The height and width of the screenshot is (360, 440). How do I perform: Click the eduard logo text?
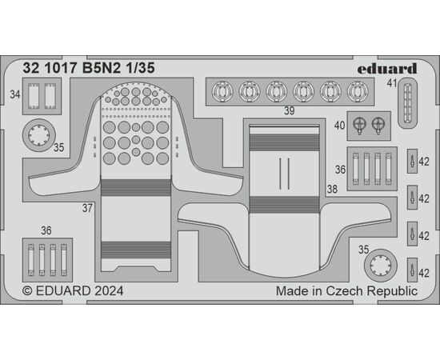(387, 69)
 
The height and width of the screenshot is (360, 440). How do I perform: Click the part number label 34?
(15, 94)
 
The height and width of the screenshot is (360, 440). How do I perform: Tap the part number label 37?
(87, 208)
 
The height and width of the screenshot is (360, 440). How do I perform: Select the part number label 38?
(332, 189)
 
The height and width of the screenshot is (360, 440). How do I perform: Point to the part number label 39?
(290, 111)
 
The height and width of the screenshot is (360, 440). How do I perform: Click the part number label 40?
(339, 126)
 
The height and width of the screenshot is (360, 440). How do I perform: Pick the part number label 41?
(392, 83)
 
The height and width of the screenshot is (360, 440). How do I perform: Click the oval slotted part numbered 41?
(407, 103)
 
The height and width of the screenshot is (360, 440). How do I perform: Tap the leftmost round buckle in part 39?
(222, 92)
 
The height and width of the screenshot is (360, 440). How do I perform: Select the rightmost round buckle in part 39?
(358, 92)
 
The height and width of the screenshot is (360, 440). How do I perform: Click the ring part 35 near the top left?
(39, 135)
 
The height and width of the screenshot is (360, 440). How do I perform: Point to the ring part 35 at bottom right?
(381, 266)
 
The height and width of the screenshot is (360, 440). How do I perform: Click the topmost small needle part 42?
(412, 162)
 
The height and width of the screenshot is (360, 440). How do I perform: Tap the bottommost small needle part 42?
(412, 270)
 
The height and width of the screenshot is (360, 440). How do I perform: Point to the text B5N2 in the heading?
(102, 68)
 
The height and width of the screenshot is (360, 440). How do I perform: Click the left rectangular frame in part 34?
(34, 96)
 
